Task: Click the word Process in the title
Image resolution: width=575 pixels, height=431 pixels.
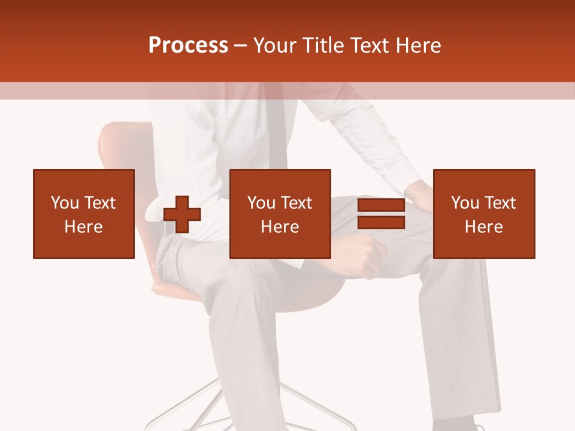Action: tap(188, 45)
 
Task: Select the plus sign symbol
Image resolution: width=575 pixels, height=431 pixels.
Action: tap(182, 214)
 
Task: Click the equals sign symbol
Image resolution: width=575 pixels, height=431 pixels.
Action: tap(381, 214)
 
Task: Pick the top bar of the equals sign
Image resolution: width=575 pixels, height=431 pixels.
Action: tap(381, 205)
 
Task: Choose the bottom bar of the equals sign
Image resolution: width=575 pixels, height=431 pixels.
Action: tap(381, 223)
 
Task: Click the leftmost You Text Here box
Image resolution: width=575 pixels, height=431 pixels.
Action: tap(84, 214)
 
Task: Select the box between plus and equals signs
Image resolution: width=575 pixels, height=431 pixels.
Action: tap(280, 214)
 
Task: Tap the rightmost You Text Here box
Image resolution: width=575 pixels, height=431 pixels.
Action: tap(483, 214)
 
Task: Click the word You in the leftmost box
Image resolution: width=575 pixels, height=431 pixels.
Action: tap(65, 203)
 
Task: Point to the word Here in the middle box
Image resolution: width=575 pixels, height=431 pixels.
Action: tap(280, 227)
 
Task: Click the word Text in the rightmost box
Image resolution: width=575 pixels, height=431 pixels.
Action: tap(500, 203)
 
